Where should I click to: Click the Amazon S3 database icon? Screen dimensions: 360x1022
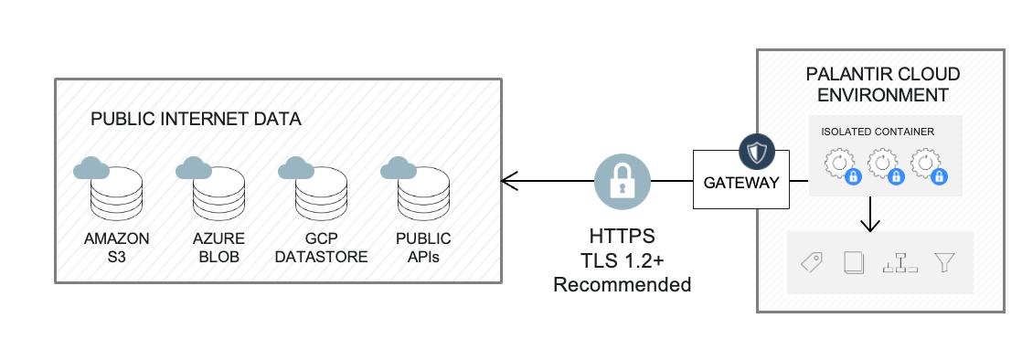pos(116,190)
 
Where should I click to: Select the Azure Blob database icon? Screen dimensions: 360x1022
pos(219,190)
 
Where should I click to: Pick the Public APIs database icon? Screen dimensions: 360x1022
pos(423,190)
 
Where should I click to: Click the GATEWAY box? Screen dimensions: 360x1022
pos(740,182)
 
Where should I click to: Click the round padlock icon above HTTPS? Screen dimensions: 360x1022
pos(623,181)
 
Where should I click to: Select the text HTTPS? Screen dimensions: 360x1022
pos(623,236)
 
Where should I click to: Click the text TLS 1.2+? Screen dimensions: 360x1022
pos(623,260)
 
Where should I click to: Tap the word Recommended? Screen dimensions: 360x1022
pos(623,285)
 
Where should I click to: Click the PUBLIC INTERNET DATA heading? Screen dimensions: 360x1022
pos(196,120)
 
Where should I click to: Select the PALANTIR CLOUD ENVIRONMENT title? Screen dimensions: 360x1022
pos(881,84)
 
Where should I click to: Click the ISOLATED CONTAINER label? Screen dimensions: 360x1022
pos(877,132)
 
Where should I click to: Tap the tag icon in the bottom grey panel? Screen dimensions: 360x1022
pos(811,263)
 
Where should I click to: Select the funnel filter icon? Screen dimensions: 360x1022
pos(944,263)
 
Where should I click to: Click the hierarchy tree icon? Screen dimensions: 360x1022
pos(900,263)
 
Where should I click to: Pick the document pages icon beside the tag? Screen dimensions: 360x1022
pos(855,263)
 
